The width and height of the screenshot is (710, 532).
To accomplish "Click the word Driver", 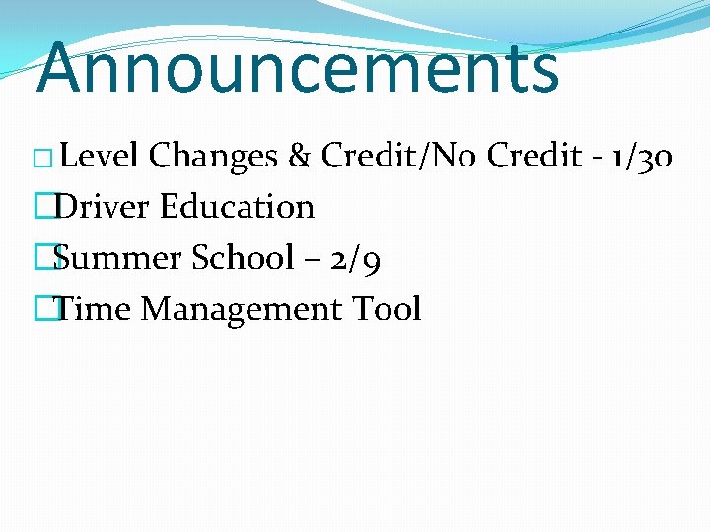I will (x=103, y=207).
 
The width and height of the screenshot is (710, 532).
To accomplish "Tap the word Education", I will (x=237, y=207).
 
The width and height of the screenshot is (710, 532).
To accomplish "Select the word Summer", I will (x=117, y=258).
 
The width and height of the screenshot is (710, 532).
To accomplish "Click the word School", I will (x=242, y=258).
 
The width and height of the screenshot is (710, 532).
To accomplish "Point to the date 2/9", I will (x=356, y=258).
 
